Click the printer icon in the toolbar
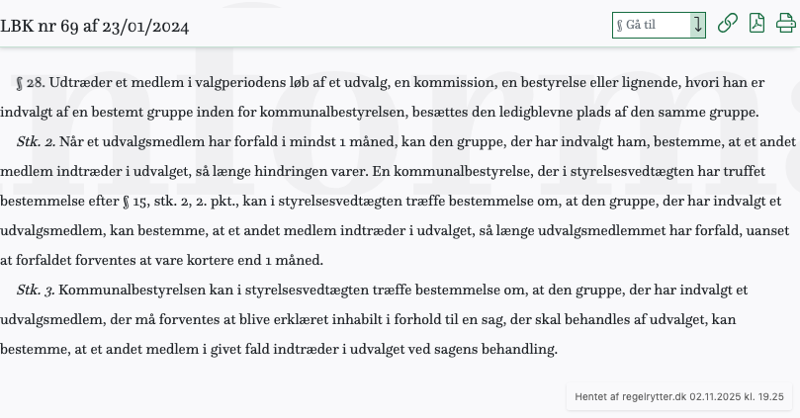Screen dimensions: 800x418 coord(785,24)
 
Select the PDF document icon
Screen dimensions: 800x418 coord(756,24)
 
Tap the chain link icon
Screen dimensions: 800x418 coord(727,24)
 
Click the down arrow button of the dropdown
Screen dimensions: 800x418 coord(698,25)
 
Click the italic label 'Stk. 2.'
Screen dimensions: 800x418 coord(36,141)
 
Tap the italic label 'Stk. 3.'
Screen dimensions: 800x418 coord(36,290)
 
